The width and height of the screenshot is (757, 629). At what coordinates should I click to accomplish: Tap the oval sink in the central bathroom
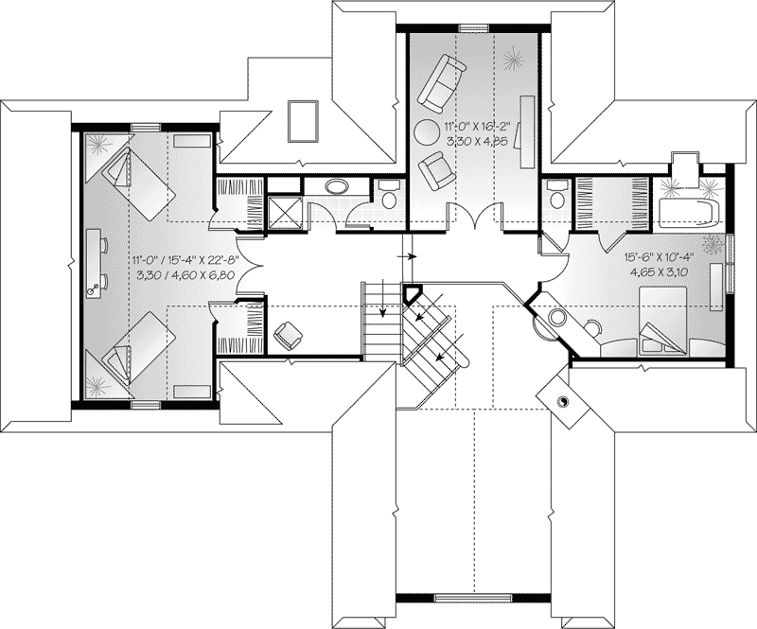pos(336,186)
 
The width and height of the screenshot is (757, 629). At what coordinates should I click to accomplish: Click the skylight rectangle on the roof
pos(303,121)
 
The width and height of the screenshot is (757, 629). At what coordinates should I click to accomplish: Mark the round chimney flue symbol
pos(563,402)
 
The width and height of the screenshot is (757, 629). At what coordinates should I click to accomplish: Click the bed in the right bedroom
pos(662,321)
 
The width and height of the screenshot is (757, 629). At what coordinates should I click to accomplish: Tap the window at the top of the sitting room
pos(474,28)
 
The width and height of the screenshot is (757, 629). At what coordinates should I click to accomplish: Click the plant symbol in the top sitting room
pos(514,61)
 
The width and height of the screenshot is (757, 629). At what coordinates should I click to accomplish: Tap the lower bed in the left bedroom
pos(137,347)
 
